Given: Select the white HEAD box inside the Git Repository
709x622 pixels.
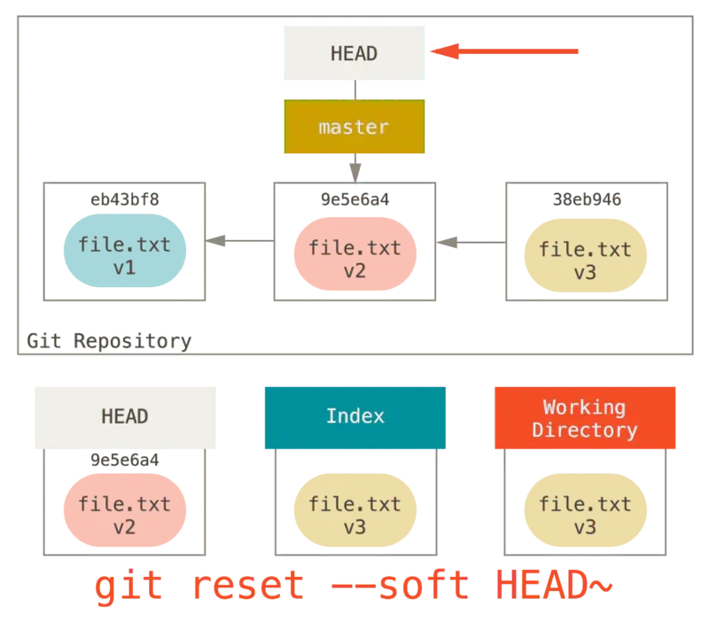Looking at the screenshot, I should click(354, 53).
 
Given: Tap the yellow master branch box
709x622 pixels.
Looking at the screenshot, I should click(354, 128).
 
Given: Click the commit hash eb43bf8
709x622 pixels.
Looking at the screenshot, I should click(124, 198).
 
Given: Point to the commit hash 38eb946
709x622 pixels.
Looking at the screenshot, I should click(585, 198).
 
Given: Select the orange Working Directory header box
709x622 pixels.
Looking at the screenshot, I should click(585, 418).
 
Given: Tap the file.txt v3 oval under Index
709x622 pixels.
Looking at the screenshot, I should click(354, 515).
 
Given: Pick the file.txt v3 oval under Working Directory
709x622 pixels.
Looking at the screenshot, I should click(585, 515).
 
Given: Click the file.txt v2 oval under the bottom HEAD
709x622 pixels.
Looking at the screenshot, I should click(124, 515).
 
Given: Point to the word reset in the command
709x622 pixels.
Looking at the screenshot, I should click(248, 587).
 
